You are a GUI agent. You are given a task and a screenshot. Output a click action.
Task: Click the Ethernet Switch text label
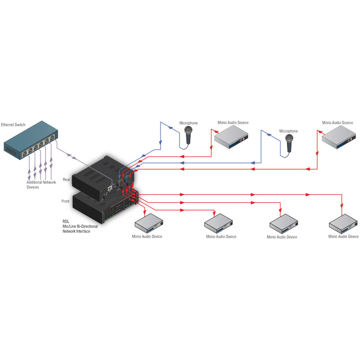click(x=13, y=125)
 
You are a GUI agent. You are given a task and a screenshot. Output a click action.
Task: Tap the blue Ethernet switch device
click(x=31, y=142)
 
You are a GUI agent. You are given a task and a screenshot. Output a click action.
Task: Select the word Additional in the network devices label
click(x=35, y=182)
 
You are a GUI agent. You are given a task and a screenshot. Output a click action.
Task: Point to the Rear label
click(x=66, y=179)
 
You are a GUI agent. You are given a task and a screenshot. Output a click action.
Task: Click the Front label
click(x=66, y=201)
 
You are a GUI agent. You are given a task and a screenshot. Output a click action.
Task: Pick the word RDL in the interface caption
click(x=66, y=222)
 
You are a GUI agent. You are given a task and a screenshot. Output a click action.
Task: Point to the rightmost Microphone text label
click(x=288, y=131)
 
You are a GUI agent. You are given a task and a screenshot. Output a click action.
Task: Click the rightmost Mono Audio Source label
click(x=337, y=123)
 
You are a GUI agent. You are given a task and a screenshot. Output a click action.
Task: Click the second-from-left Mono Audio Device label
click(x=221, y=237)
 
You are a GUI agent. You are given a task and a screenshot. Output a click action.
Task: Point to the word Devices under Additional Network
click(x=33, y=187)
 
